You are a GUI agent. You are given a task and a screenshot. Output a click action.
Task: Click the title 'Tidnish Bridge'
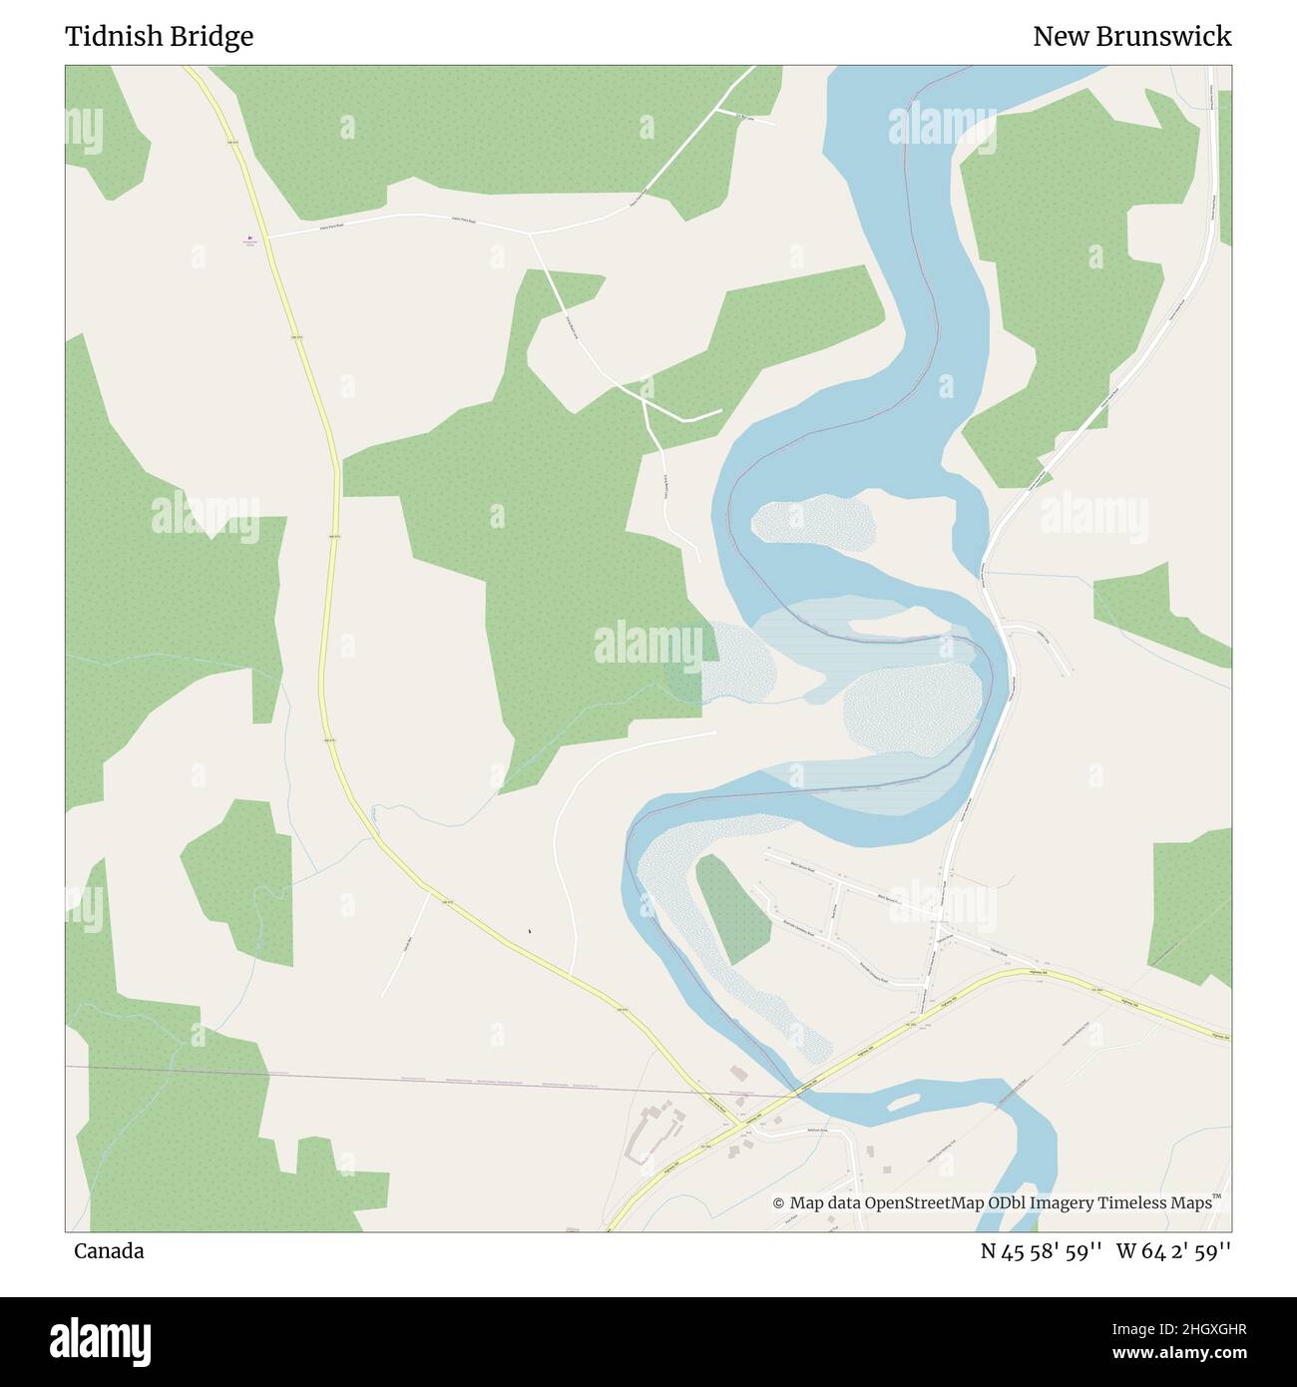pyautogui.click(x=159, y=37)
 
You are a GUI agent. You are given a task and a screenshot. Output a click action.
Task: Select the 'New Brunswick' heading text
pyautogui.click(x=1131, y=37)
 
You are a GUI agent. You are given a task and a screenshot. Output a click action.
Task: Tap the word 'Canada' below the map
pyautogui.click(x=108, y=1251)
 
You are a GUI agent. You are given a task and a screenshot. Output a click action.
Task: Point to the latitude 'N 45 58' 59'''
pyautogui.click(x=1041, y=1251)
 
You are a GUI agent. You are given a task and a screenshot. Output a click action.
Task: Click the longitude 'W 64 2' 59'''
pyautogui.click(x=1173, y=1251)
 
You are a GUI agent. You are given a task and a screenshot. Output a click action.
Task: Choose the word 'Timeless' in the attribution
pyautogui.click(x=1134, y=1203)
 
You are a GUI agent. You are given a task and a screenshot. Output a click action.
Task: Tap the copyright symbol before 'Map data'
pyautogui.click(x=779, y=1203)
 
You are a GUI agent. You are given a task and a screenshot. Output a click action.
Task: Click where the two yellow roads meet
pyautogui.click(x=739, y=1125)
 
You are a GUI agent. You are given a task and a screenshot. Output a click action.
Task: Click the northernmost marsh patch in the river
pyautogui.click(x=812, y=521)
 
